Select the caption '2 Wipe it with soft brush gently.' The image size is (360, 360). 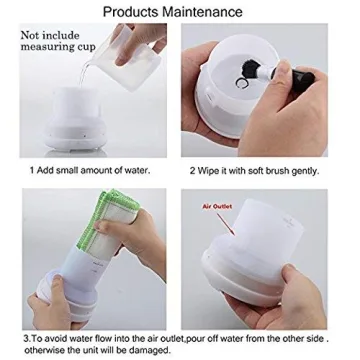[255, 169]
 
